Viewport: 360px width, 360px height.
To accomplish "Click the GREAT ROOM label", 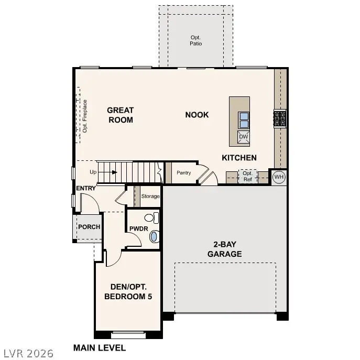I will (x=120, y=115).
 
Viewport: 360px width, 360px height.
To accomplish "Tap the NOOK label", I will (x=197, y=115).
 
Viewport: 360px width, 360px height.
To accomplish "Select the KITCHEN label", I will (x=239, y=158).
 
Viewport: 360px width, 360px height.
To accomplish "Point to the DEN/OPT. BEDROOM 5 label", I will (x=128, y=291).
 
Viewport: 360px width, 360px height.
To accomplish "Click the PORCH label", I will (x=89, y=227).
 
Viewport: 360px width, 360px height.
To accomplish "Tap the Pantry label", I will (x=183, y=173).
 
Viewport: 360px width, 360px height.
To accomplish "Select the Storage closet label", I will (x=150, y=197).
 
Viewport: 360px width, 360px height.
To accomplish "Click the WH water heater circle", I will (x=278, y=177).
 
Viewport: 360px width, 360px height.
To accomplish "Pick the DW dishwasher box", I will (x=244, y=137).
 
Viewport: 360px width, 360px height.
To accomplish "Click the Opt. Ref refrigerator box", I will (x=248, y=176).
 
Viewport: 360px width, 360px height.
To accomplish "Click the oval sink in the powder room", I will (x=154, y=236).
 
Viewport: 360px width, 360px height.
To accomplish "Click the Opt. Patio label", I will (x=196, y=40).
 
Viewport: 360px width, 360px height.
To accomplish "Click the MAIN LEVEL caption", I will (x=100, y=347).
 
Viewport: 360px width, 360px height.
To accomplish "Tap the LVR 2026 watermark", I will (x=27, y=353).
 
